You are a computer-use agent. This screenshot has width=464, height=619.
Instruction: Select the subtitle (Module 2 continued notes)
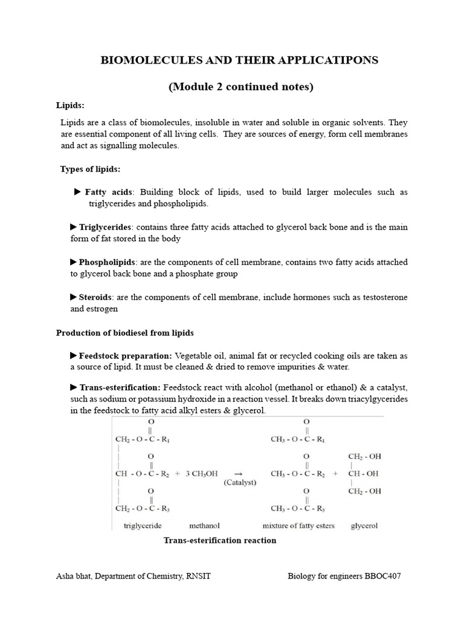(240, 86)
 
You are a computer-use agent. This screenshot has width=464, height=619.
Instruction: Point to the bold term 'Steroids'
(96, 297)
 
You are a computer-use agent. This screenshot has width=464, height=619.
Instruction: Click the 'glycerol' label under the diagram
(364, 525)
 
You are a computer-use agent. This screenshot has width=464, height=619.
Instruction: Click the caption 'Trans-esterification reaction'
(220, 540)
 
